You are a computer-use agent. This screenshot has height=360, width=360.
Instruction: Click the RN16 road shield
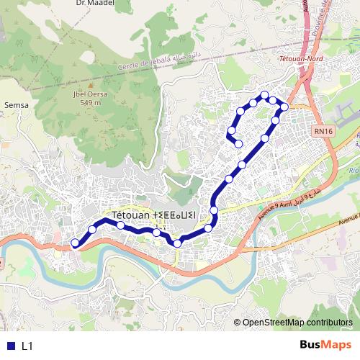pos(323,131)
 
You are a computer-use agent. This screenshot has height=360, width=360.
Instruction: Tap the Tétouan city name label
pos(154,215)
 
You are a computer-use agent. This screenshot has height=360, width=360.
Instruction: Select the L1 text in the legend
pos(27,346)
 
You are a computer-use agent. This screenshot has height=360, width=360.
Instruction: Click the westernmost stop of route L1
pos(75,243)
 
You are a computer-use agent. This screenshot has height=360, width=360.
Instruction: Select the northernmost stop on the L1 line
pos(265,95)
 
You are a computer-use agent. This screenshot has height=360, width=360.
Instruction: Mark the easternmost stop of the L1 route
pos(284,107)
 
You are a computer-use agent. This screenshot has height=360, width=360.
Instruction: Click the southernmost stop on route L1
pos(177,243)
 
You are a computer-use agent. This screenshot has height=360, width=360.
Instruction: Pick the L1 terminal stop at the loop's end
pos(238,143)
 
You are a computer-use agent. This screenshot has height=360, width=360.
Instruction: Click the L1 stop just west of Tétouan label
pos(91,229)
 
